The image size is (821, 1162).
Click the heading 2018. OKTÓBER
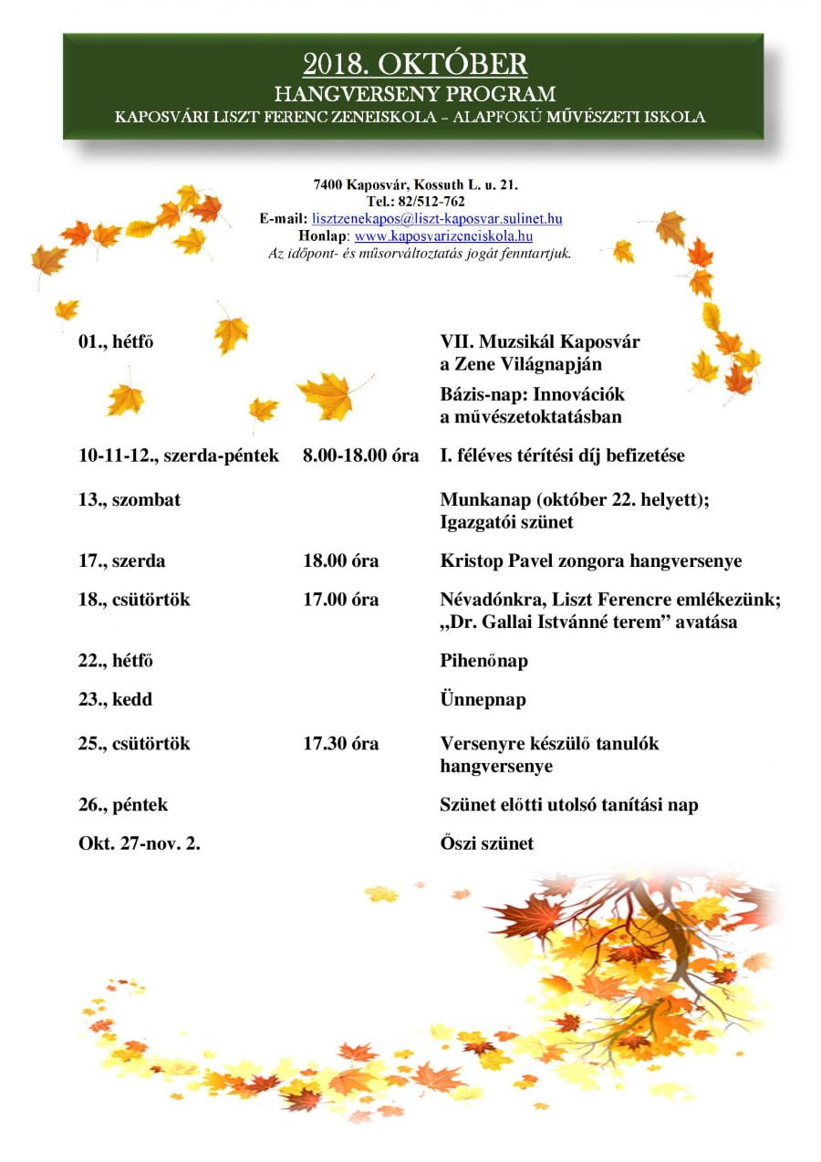(x=414, y=64)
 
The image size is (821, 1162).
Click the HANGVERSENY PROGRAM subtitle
(x=414, y=94)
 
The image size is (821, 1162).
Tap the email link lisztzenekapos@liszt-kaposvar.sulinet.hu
(x=436, y=219)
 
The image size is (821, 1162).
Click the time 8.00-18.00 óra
(x=360, y=455)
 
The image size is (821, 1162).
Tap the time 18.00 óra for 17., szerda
(x=340, y=561)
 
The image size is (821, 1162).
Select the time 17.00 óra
(x=340, y=601)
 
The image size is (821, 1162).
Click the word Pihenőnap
(x=483, y=661)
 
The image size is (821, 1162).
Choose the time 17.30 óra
(x=340, y=744)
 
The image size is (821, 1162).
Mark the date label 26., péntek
(x=123, y=805)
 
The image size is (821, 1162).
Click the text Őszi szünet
(x=486, y=844)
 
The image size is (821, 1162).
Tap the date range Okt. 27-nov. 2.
(x=140, y=844)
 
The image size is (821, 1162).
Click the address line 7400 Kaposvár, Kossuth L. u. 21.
(x=415, y=185)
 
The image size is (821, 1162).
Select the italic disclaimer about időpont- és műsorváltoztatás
(x=420, y=253)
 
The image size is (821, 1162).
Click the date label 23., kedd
(x=115, y=700)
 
